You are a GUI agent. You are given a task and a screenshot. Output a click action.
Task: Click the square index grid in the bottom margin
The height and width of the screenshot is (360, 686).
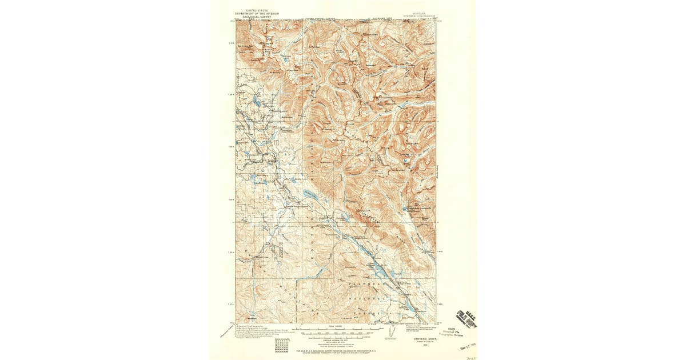point(282,345)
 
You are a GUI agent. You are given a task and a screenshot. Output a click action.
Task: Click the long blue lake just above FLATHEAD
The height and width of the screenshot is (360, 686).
point(378,267)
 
